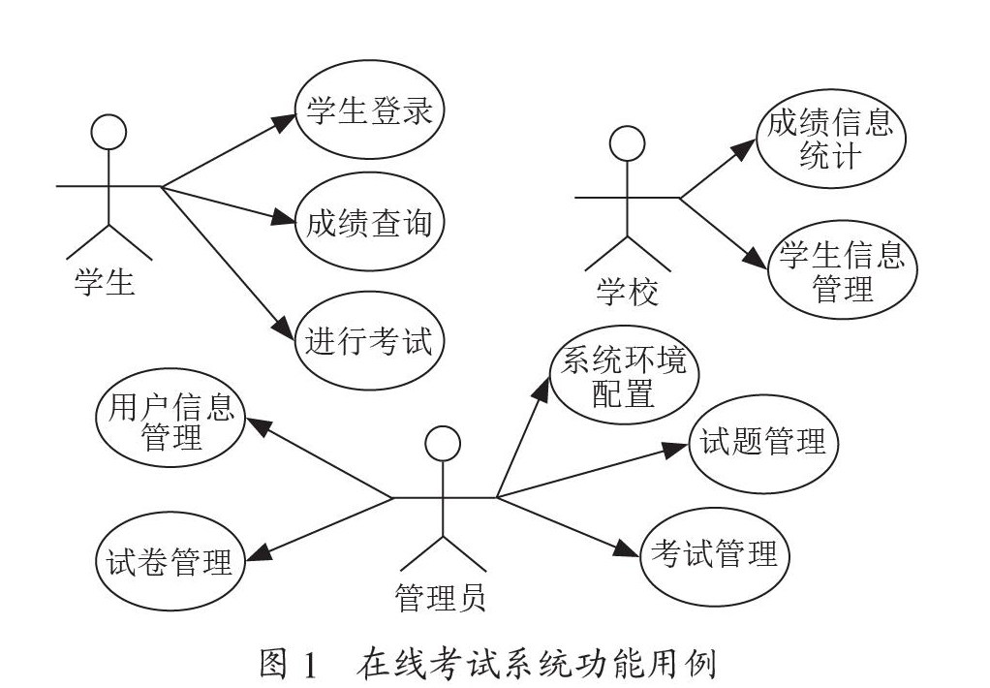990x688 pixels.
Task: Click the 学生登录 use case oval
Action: (369, 109)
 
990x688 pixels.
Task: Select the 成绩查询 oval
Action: (369, 222)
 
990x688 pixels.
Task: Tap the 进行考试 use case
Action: (369, 340)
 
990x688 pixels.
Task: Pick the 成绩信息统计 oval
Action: (831, 139)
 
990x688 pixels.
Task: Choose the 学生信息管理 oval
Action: (842, 269)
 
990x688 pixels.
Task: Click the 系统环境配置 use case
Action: (624, 375)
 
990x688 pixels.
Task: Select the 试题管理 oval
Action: (762, 444)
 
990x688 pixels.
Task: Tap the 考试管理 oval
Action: (715, 556)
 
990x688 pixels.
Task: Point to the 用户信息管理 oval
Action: (170, 418)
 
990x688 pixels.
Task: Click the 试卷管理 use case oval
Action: (170, 561)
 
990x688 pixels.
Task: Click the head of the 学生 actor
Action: (108, 132)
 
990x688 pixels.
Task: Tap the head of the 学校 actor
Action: (627, 143)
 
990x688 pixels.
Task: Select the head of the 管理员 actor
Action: (443, 444)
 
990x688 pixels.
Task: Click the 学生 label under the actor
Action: (105, 282)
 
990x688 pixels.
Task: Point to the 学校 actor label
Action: (628, 293)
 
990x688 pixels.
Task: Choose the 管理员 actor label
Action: (441, 597)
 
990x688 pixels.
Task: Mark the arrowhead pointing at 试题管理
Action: (674, 450)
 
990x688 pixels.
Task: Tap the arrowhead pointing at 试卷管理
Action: (259, 552)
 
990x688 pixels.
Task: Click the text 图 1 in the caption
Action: (288, 665)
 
